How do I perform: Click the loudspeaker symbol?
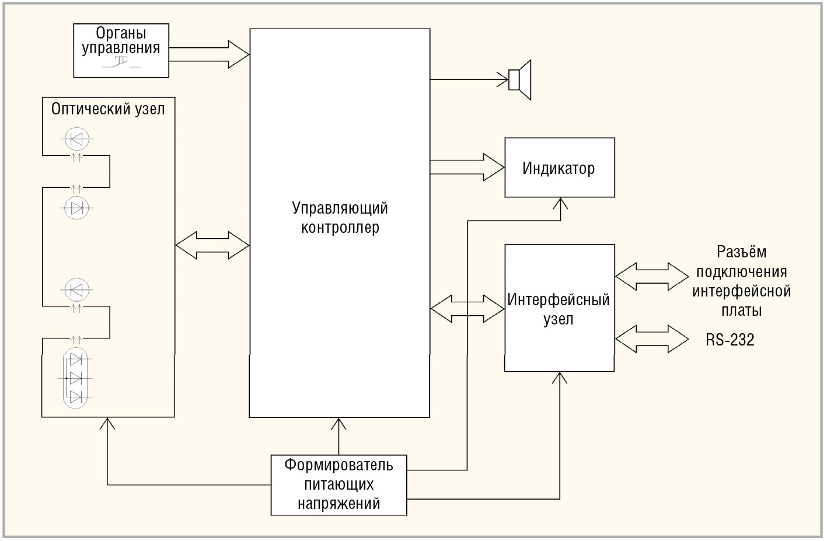click(519, 80)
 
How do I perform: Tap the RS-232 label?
click(730, 340)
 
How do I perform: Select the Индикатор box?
click(559, 168)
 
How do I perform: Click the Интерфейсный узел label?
click(559, 309)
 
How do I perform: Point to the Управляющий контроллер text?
click(340, 218)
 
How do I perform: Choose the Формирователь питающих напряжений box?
click(339, 485)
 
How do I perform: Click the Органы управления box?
click(121, 50)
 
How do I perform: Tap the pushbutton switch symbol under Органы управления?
click(122, 63)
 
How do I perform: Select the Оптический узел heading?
click(108, 109)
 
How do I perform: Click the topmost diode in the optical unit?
click(76, 139)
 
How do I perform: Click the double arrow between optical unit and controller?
click(212, 245)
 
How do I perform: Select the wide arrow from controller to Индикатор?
click(467, 167)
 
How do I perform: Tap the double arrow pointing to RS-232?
click(652, 339)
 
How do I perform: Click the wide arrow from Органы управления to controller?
click(209, 54)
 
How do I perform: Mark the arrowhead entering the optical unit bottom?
click(107, 423)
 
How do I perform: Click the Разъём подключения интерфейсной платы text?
click(741, 281)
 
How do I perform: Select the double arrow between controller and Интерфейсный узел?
click(467, 308)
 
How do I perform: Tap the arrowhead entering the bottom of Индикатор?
click(560, 204)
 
